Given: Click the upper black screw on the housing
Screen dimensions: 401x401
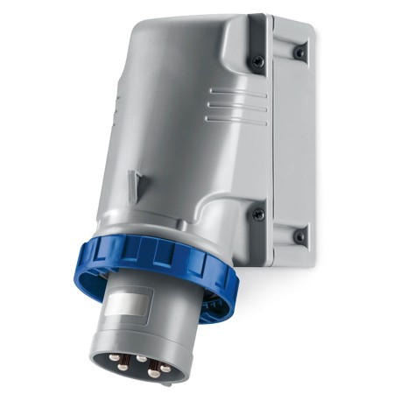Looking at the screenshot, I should pos(257,62).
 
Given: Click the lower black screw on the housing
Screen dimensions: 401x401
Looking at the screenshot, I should pos(257,214).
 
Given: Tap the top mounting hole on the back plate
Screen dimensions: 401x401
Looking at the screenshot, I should pos(300,53).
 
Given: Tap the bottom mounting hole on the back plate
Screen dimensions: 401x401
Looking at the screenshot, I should pos(300,236).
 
